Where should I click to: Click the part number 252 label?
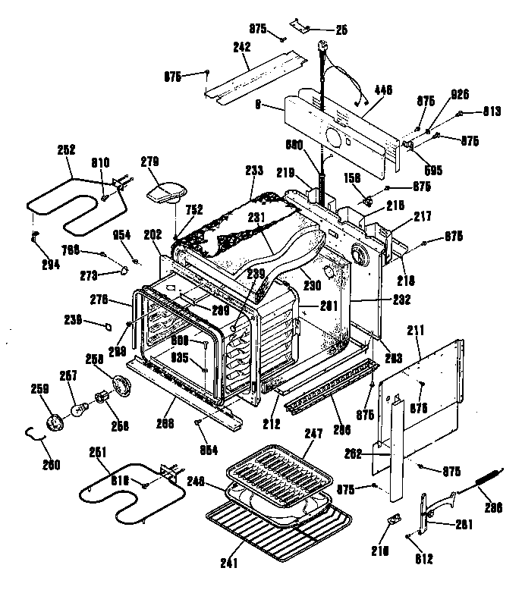(67, 150)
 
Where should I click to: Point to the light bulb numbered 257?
(79, 410)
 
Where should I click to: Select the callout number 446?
(383, 89)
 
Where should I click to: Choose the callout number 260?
(52, 464)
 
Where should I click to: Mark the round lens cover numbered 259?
(55, 422)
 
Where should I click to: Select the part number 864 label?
(209, 450)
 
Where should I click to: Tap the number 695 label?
(433, 170)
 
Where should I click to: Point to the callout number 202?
(153, 236)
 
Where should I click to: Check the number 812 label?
(425, 559)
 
